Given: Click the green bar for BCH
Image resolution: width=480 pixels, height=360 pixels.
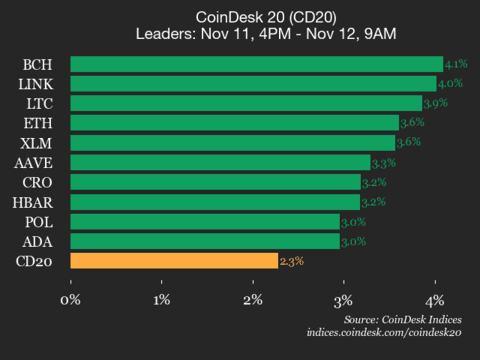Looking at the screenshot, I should [256, 64].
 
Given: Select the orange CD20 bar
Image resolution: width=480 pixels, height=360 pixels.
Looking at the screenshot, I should [174, 261].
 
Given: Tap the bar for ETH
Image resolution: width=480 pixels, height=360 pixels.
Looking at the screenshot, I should [234, 122].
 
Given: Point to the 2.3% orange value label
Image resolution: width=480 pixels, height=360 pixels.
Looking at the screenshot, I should [291, 261].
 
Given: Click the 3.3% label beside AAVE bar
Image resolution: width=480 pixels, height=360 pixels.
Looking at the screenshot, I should [383, 162].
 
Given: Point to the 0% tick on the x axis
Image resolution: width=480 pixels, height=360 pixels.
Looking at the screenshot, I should [70, 299].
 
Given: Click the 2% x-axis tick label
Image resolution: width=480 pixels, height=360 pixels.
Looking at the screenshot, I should [252, 299].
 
